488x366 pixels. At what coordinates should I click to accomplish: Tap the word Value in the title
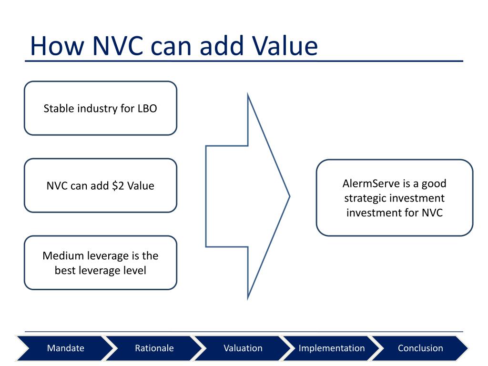(285, 46)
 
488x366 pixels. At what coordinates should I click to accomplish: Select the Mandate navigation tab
(65, 348)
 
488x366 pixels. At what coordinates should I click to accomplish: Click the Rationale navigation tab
(154, 348)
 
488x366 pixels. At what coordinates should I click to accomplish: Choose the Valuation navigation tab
(243, 348)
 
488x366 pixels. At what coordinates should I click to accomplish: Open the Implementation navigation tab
(332, 348)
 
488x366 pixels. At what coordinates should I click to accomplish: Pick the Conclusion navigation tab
(420, 348)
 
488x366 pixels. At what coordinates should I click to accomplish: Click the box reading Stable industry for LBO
(101, 108)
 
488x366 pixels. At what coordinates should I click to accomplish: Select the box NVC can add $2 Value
(101, 185)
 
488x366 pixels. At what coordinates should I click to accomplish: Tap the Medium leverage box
(101, 263)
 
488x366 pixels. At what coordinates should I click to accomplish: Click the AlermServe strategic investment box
(395, 198)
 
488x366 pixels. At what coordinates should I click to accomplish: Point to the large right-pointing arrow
(248, 196)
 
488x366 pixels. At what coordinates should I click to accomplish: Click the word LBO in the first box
(147, 109)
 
